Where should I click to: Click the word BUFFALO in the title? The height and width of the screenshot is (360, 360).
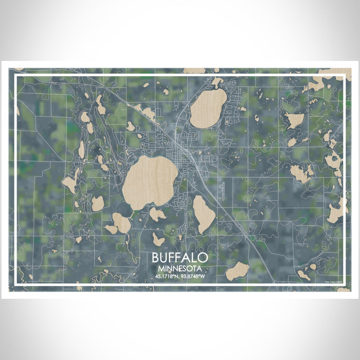coord(180,258)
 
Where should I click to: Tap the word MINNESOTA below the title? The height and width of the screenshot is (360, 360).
coord(180,268)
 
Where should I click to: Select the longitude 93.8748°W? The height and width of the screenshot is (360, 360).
coord(193,277)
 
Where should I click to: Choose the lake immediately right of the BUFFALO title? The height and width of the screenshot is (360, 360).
coord(237,271)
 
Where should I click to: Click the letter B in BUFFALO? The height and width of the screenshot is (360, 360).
coord(156,258)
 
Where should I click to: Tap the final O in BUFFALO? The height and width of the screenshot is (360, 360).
coord(204,258)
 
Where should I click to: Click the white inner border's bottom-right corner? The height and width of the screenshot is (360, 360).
coord(344,284)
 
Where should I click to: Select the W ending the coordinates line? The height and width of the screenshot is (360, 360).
coord(203,277)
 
